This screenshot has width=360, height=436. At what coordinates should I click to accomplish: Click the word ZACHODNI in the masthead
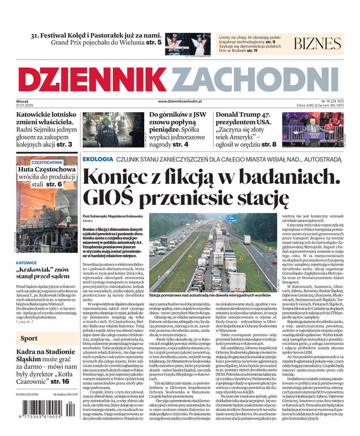click(251, 81)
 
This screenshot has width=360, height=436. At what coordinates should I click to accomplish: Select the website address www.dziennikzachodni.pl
click(180, 101)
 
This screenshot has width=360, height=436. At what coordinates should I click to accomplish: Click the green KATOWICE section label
click(27, 263)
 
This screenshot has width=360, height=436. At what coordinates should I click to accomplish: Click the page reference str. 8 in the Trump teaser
click(265, 144)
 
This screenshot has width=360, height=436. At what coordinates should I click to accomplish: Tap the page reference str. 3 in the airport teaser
click(64, 144)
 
